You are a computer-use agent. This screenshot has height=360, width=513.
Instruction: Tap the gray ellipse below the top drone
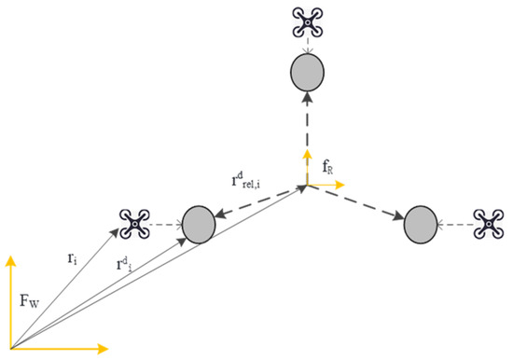pos(308,71)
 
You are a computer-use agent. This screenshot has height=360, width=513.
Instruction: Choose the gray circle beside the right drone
pos(421,225)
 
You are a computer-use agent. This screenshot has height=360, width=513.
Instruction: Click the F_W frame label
pos(31,303)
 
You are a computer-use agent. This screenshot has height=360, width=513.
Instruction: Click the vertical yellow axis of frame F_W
pos(10,298)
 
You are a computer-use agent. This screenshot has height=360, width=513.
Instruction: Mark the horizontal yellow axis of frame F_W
pos(56,349)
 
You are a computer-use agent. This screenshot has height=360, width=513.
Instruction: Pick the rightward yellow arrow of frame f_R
pos(326,185)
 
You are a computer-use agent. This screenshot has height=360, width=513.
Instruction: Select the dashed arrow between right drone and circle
pos(456,225)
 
